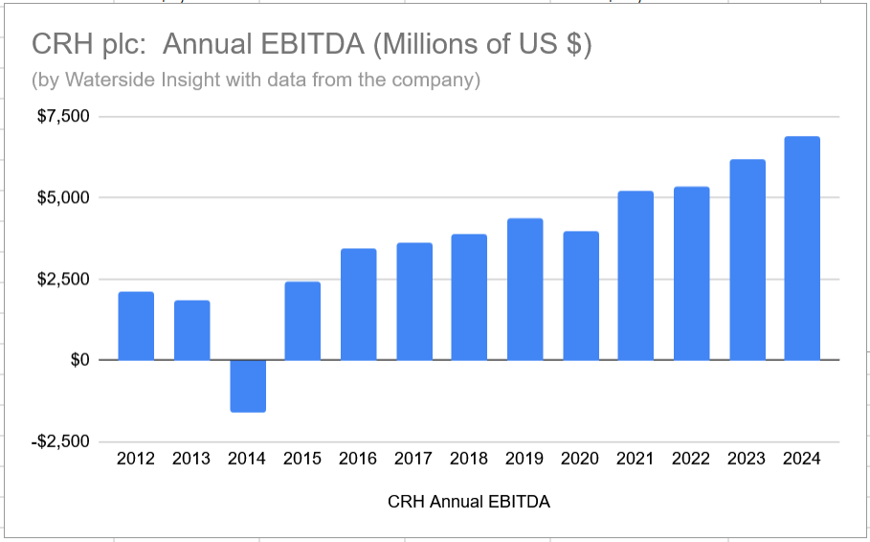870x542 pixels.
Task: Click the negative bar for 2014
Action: [x=248, y=386]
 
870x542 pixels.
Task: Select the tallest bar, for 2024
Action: [x=802, y=248]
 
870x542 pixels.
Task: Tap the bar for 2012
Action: [x=136, y=326]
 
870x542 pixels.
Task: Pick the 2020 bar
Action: [x=581, y=296]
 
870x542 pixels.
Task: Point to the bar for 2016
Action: [x=358, y=305]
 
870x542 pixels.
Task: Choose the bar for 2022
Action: [x=691, y=273]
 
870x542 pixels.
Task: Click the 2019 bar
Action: [x=524, y=289]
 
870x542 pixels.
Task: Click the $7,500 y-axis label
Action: [x=63, y=116]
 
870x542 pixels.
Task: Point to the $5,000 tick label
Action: [x=63, y=197]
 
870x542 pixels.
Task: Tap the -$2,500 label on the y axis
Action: [x=60, y=441]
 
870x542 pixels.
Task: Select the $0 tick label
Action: [x=79, y=360]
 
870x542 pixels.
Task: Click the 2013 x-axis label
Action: [x=191, y=459]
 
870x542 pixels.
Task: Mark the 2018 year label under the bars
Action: [x=469, y=459]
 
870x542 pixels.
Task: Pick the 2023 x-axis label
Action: [x=747, y=459]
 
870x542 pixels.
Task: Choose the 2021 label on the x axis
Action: [x=636, y=459]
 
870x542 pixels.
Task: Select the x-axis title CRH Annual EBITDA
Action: [x=469, y=502]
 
